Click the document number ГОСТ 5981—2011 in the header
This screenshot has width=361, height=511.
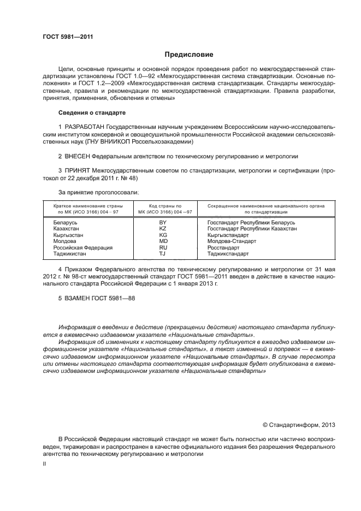click(68, 37)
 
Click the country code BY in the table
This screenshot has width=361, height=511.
click(162, 223)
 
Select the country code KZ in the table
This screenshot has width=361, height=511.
click(162, 229)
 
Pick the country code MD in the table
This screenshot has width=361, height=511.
click(163, 241)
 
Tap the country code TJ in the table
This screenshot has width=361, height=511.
click(162, 253)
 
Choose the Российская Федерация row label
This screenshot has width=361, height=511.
click(82, 247)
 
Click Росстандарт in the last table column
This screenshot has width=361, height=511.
click(224, 247)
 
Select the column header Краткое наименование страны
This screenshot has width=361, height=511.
click(88, 206)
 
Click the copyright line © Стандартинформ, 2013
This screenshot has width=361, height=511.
click(299, 424)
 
